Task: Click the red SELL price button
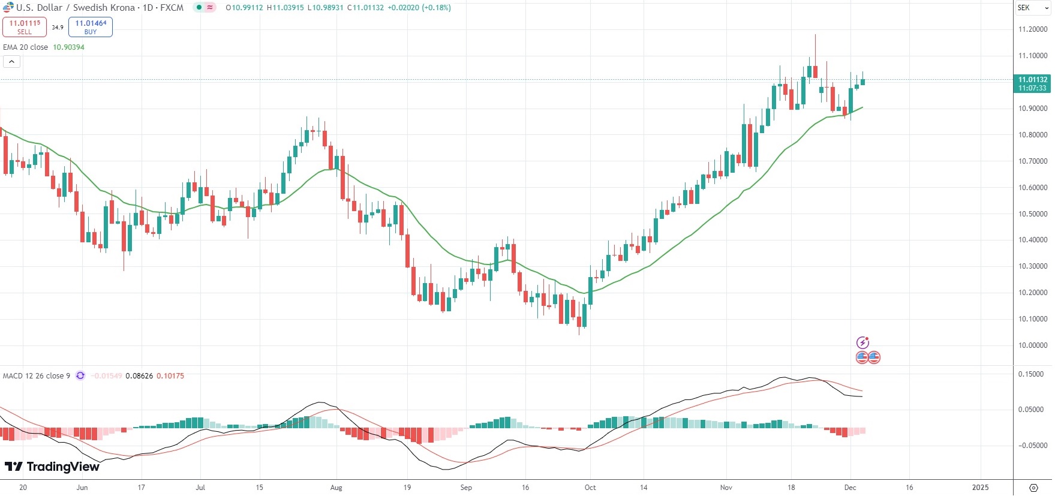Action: pos(25,27)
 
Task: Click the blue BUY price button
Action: pos(91,27)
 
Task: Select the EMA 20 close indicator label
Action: pos(26,47)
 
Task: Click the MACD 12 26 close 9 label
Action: pos(37,376)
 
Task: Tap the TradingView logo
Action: pos(52,467)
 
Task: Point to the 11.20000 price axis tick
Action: pos(1033,29)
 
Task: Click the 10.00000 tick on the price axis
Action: pos(1033,345)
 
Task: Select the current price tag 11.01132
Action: pos(1032,80)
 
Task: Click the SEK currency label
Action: pos(1024,8)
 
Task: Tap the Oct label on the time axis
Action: pos(590,488)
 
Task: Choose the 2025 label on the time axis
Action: pos(980,488)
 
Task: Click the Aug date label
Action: pos(336,488)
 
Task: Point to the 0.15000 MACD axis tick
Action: pos(1031,374)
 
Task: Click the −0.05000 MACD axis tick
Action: pos(1032,446)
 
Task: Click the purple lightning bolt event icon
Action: pos(862,343)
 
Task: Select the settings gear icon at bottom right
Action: pos(1033,488)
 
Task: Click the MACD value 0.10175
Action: pos(170,376)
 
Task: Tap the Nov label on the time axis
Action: pos(726,488)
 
